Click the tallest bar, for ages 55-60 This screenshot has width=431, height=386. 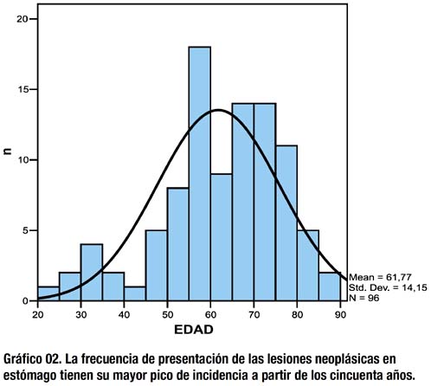(200, 174)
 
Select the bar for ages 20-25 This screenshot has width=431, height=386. (48, 293)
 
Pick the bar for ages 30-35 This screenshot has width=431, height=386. (92, 273)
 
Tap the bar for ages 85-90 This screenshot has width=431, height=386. (330, 286)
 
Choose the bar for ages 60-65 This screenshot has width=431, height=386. (222, 237)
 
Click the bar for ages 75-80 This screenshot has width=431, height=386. (286, 223)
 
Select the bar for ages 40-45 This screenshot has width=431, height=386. (135, 293)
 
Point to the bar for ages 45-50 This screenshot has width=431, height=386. (157, 266)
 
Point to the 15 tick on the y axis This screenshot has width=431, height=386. (33, 89)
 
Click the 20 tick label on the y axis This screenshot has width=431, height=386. (22, 19)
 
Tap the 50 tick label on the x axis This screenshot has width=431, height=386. (167, 315)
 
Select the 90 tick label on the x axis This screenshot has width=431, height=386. (340, 315)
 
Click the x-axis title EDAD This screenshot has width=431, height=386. (194, 330)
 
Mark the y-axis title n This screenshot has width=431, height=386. (8, 151)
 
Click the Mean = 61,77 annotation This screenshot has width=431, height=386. (380, 278)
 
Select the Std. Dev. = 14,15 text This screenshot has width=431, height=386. (388, 287)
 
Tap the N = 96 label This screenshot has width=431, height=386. (363, 298)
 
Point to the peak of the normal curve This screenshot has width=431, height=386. (218, 110)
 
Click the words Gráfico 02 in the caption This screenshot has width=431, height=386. (30, 360)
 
